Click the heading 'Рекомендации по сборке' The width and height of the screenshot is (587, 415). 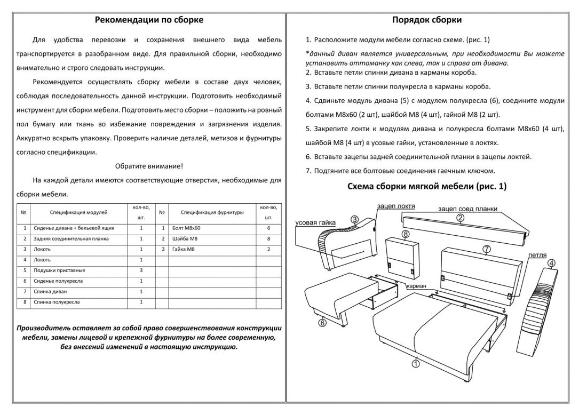[149, 20]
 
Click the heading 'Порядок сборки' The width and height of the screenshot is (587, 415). [427, 20]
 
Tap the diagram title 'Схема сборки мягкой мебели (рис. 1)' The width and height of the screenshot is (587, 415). [427, 186]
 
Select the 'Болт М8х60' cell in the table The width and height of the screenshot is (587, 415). [186, 228]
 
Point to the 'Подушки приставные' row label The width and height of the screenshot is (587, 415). [57, 270]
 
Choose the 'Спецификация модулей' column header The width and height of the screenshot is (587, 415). [78, 212]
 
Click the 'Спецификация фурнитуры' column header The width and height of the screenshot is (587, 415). [212, 212]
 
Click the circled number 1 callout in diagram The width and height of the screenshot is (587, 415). [416, 364]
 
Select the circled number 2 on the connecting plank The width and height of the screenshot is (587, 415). [460, 217]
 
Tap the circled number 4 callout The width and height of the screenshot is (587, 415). [551, 262]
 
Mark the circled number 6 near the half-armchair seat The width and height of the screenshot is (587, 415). [322, 322]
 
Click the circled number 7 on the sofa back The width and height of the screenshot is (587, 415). [486, 249]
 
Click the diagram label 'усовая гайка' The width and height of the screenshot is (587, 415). [314, 222]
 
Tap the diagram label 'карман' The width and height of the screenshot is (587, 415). [416, 286]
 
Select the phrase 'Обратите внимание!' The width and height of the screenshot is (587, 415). [149, 166]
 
